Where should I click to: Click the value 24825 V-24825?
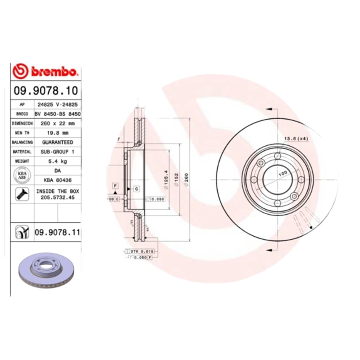click(57, 104)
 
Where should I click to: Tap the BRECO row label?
click(22, 114)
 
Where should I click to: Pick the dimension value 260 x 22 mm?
click(57, 123)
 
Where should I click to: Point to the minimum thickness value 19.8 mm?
click(57, 133)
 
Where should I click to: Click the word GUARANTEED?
click(57, 142)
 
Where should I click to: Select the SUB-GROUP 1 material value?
click(57, 152)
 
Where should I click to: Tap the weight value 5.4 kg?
click(57, 161)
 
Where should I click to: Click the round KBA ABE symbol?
click(22, 175)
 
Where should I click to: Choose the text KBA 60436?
click(57, 180)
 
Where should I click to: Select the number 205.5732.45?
click(57, 198)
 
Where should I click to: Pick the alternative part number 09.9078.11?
click(57, 232)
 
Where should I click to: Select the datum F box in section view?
click(115, 185)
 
